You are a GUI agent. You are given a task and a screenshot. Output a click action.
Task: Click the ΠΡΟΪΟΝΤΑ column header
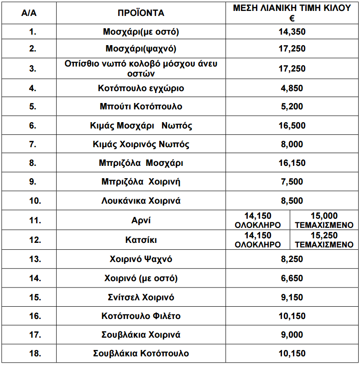(141, 13)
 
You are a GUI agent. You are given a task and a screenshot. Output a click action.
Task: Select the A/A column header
(29, 13)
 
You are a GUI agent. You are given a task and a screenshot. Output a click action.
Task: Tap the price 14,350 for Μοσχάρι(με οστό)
(292, 32)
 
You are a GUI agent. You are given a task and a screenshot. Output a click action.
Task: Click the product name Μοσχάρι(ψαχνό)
(141, 49)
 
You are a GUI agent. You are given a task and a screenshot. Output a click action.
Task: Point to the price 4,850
(292, 88)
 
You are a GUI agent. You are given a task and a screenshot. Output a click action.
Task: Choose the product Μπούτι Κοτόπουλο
(141, 107)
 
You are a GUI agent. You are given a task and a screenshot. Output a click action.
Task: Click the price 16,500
(292, 126)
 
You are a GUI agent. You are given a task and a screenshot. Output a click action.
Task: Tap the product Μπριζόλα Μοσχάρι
(141, 163)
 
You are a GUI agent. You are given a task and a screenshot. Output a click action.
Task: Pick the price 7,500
(292, 182)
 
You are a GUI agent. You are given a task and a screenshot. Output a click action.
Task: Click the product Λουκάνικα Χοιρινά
(141, 200)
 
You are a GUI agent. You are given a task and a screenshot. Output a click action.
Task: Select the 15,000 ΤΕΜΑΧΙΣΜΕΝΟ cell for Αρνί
(324, 220)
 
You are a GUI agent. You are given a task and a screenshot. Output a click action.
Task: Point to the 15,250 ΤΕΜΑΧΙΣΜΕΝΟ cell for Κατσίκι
(324, 240)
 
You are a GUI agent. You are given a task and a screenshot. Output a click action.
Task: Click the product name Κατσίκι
(141, 240)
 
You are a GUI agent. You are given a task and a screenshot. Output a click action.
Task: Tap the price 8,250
(292, 259)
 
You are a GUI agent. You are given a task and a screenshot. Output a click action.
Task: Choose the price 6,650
(292, 278)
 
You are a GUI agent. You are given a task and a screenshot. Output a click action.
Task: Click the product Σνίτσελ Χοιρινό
(141, 297)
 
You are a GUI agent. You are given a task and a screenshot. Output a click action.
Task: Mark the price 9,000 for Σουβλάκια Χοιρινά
(292, 334)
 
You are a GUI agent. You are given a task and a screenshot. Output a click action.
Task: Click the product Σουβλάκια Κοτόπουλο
(141, 353)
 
